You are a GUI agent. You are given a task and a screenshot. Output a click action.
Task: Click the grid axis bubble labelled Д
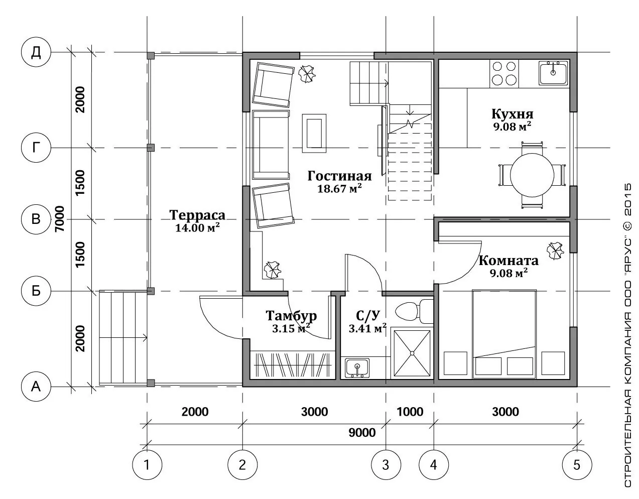(36, 52)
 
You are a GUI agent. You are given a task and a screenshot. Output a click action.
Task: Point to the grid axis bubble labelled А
(36, 387)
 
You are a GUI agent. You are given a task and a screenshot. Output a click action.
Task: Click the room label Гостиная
(340, 176)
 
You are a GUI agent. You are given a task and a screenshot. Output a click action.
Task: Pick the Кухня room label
(513, 114)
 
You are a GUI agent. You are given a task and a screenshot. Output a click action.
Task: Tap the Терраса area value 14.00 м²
(198, 227)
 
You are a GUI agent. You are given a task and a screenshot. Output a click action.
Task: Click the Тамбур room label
(292, 315)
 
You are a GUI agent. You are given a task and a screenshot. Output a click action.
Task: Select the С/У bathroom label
(368, 315)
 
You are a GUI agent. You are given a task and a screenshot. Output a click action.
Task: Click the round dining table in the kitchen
(532, 175)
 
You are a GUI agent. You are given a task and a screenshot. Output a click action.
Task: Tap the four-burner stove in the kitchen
(504, 73)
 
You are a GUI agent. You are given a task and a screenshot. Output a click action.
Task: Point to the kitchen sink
(553, 73)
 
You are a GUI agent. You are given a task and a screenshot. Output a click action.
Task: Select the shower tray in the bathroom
(412, 353)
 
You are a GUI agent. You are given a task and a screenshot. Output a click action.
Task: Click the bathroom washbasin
(357, 367)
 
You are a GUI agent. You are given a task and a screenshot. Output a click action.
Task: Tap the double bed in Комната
(504, 334)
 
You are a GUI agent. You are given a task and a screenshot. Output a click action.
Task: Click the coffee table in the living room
(314, 133)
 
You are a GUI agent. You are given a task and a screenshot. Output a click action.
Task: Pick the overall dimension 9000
(362, 433)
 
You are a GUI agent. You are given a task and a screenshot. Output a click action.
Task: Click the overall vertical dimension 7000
(60, 218)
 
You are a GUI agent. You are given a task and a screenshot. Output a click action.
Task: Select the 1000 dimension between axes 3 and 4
(410, 412)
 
